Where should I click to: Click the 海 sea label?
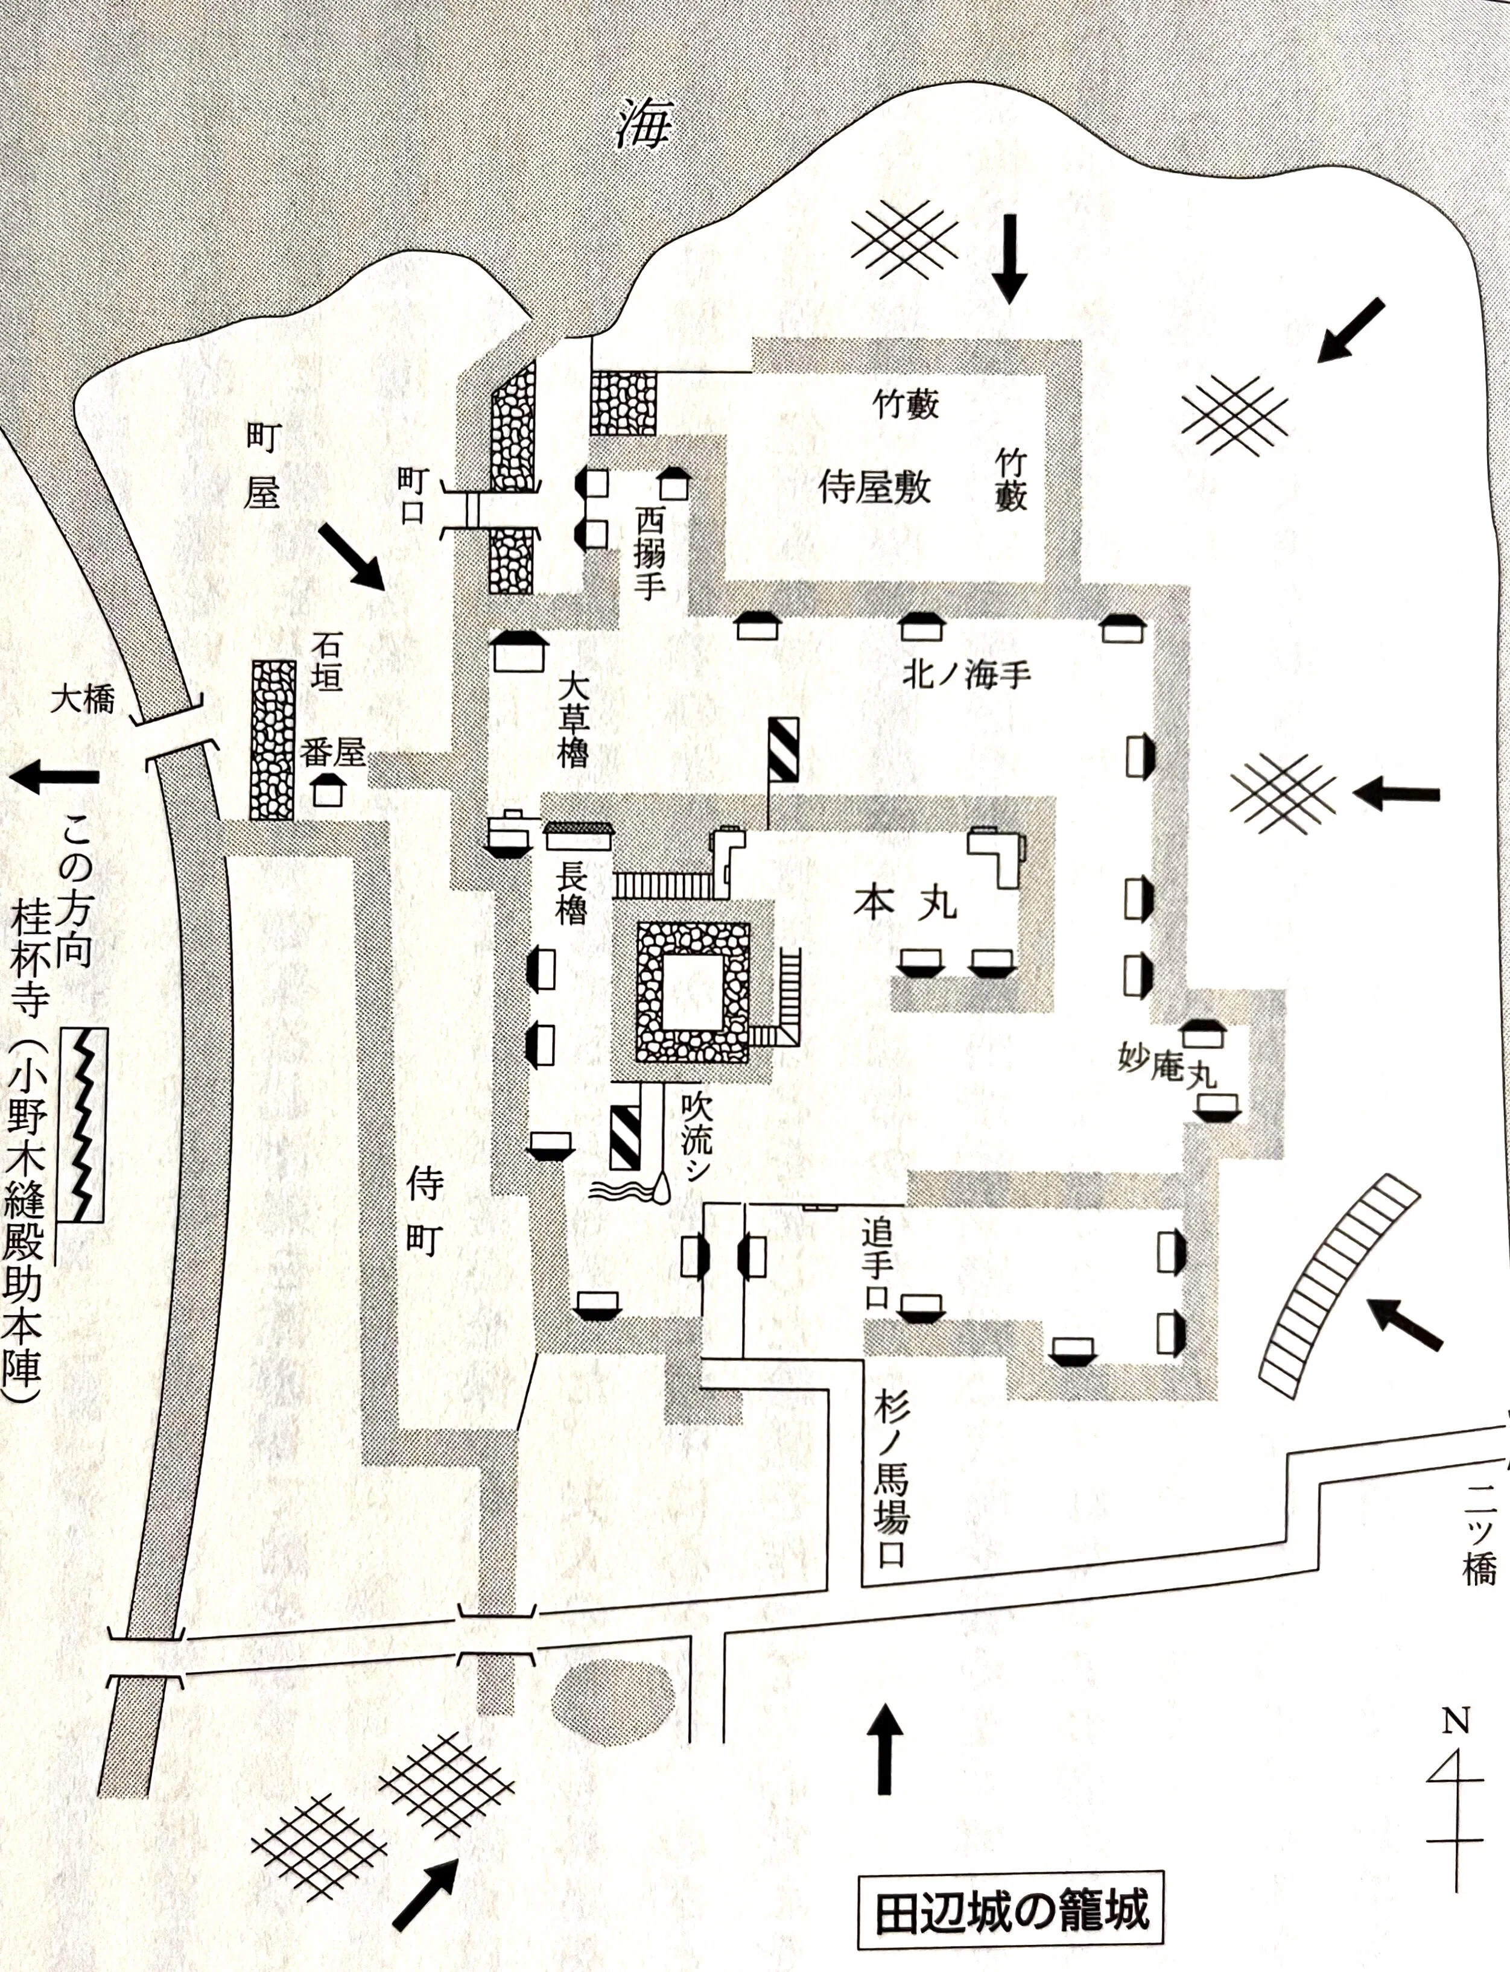644,125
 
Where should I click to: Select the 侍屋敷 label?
875,488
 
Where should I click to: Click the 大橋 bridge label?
83,699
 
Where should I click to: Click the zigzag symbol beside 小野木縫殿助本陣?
84,1124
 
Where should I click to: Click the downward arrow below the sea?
1010,258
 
